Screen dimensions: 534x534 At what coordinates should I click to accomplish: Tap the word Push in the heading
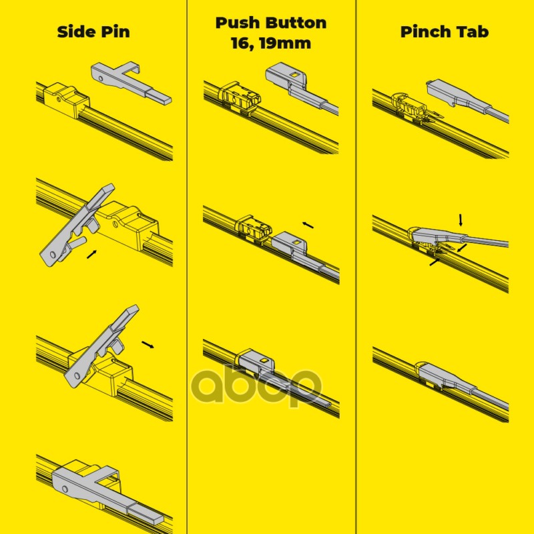tap(238, 23)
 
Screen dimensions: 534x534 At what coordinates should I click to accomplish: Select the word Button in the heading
tap(296, 23)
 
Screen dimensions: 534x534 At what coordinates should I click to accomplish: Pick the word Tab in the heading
tap(471, 31)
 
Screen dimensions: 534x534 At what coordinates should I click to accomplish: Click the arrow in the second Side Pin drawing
tap(91, 254)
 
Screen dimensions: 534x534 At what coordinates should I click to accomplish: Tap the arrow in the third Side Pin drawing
tap(148, 344)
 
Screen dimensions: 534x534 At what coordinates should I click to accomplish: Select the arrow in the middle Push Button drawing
tap(308, 225)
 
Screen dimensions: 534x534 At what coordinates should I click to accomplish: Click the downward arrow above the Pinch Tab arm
tap(461, 220)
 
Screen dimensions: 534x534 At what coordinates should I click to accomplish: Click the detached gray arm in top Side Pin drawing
tap(131, 82)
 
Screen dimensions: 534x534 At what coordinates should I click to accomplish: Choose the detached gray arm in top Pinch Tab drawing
tap(467, 100)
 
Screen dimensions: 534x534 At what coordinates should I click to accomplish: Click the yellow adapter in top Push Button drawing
tap(240, 97)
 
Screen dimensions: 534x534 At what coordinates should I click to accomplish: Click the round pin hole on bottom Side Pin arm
tap(65, 490)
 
